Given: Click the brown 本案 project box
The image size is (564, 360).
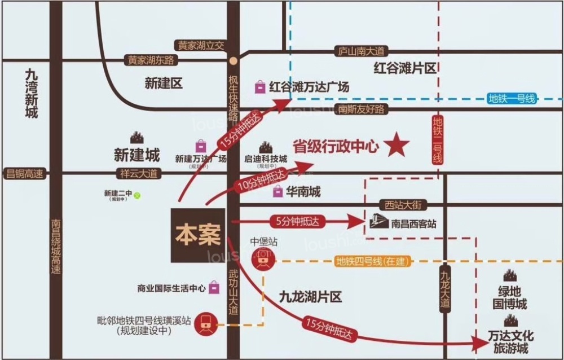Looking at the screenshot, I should [x=197, y=235].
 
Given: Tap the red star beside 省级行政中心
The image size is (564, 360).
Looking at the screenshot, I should [x=398, y=146].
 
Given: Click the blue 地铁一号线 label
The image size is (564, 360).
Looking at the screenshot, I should [x=511, y=99].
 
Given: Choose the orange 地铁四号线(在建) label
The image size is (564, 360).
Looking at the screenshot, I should [x=372, y=261].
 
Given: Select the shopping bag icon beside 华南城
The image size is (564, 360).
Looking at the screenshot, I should [x=277, y=192].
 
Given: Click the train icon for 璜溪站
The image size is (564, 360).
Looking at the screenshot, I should [x=206, y=325].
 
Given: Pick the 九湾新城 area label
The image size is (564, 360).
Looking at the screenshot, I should [x=31, y=93].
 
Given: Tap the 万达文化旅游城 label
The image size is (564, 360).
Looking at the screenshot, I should [x=510, y=341].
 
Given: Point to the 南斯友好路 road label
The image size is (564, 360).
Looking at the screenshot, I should [x=362, y=109].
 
